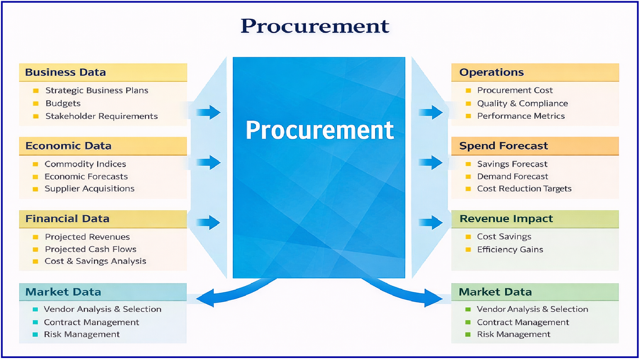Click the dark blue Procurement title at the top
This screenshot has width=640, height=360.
(315, 26)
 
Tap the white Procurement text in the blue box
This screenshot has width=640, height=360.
(319, 130)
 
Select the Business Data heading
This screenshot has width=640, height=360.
(66, 72)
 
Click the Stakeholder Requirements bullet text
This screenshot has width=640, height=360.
(101, 116)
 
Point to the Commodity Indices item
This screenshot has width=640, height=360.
(85, 164)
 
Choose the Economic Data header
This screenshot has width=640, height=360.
(68, 146)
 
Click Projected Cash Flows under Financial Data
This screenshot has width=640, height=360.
(90, 249)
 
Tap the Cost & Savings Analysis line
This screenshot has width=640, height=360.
(95, 261)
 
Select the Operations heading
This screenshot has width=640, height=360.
(491, 72)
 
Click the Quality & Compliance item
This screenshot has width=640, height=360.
(522, 104)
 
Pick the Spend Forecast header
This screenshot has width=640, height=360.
(503, 146)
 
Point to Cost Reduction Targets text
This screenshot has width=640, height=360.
(524, 189)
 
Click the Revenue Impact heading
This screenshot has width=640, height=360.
(506, 219)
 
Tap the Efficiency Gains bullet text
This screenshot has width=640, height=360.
(510, 250)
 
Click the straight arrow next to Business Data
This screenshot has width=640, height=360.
(209, 112)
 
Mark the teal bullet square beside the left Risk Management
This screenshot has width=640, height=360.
(35, 334)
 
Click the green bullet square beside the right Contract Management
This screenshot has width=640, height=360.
(468, 322)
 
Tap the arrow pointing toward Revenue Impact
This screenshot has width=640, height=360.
(430, 222)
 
